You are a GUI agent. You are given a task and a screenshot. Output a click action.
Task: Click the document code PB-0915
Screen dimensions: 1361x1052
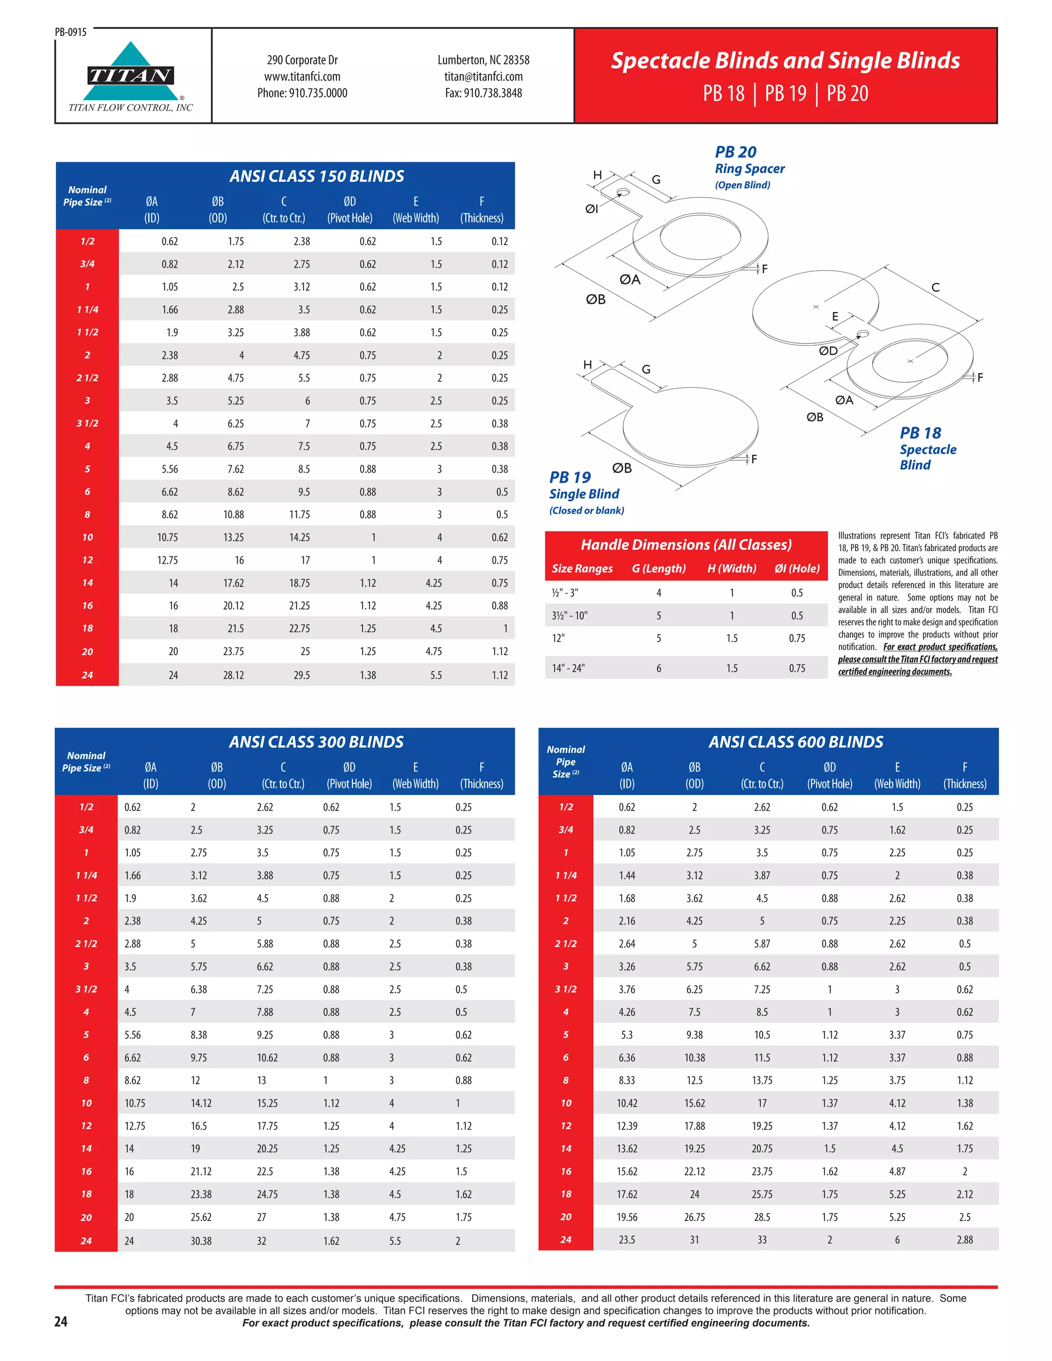(70, 32)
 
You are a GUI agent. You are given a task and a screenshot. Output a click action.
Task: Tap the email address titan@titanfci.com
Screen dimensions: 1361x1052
(483, 77)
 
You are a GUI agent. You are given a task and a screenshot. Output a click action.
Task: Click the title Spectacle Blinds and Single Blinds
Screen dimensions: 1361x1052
(785, 61)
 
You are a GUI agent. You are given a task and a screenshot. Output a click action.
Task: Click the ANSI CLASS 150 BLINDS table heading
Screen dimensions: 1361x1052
(316, 176)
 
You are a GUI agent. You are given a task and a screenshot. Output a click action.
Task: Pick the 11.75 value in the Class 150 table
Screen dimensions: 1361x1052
(299, 515)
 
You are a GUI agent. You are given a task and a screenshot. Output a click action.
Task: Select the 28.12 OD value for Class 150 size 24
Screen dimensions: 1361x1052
(234, 675)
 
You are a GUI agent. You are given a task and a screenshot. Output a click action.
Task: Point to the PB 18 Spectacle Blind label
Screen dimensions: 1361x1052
(927, 449)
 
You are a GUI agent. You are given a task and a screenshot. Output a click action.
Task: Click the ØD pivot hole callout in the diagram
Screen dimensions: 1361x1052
(828, 351)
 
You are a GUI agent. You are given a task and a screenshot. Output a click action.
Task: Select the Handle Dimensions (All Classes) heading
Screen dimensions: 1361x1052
(686, 544)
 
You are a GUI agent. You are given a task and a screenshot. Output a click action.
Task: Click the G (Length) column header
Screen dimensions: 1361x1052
(658, 569)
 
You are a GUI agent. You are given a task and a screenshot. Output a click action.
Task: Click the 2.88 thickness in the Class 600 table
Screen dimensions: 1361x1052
(964, 1239)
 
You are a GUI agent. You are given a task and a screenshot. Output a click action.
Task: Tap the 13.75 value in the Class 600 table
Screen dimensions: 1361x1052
(762, 1080)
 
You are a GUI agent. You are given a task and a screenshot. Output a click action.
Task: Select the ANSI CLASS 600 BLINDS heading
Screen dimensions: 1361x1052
(795, 742)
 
